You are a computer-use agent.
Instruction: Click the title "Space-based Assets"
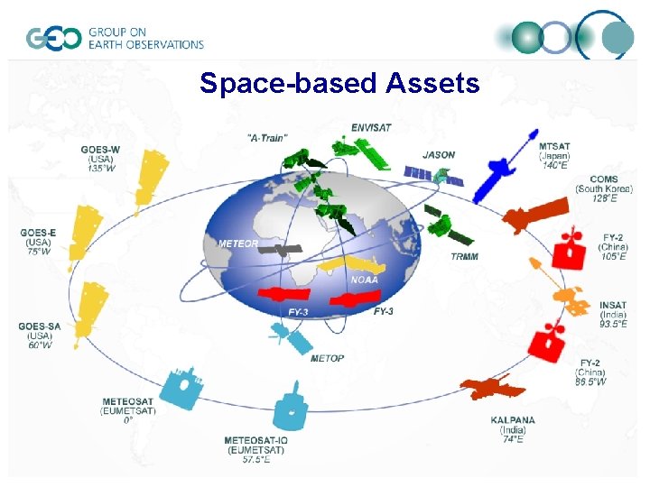(x=339, y=84)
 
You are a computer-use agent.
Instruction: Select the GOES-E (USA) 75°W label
(x=39, y=242)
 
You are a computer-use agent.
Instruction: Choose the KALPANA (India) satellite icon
(x=492, y=389)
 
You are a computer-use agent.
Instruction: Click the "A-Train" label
(x=266, y=138)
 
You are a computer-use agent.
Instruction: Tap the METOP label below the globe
(x=327, y=358)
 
